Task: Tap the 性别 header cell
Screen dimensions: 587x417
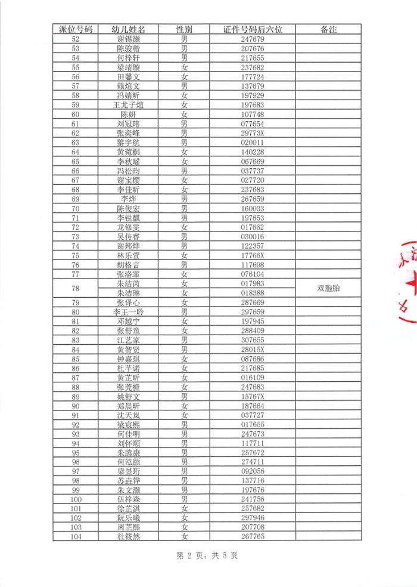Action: [x=185, y=29]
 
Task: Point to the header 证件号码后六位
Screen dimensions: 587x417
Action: [x=253, y=29]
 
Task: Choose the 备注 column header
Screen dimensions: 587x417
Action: [x=328, y=29]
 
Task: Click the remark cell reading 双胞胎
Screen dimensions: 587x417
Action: [x=328, y=289]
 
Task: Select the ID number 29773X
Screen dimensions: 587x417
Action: [x=253, y=133]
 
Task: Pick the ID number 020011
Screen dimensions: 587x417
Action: [x=253, y=143]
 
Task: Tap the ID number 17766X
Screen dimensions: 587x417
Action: [x=253, y=255]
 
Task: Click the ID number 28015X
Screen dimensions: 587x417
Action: [x=253, y=350]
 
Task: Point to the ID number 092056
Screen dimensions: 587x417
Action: [x=253, y=471]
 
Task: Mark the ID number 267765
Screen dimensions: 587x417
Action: [x=253, y=537]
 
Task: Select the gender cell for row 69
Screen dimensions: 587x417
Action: [x=185, y=199]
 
